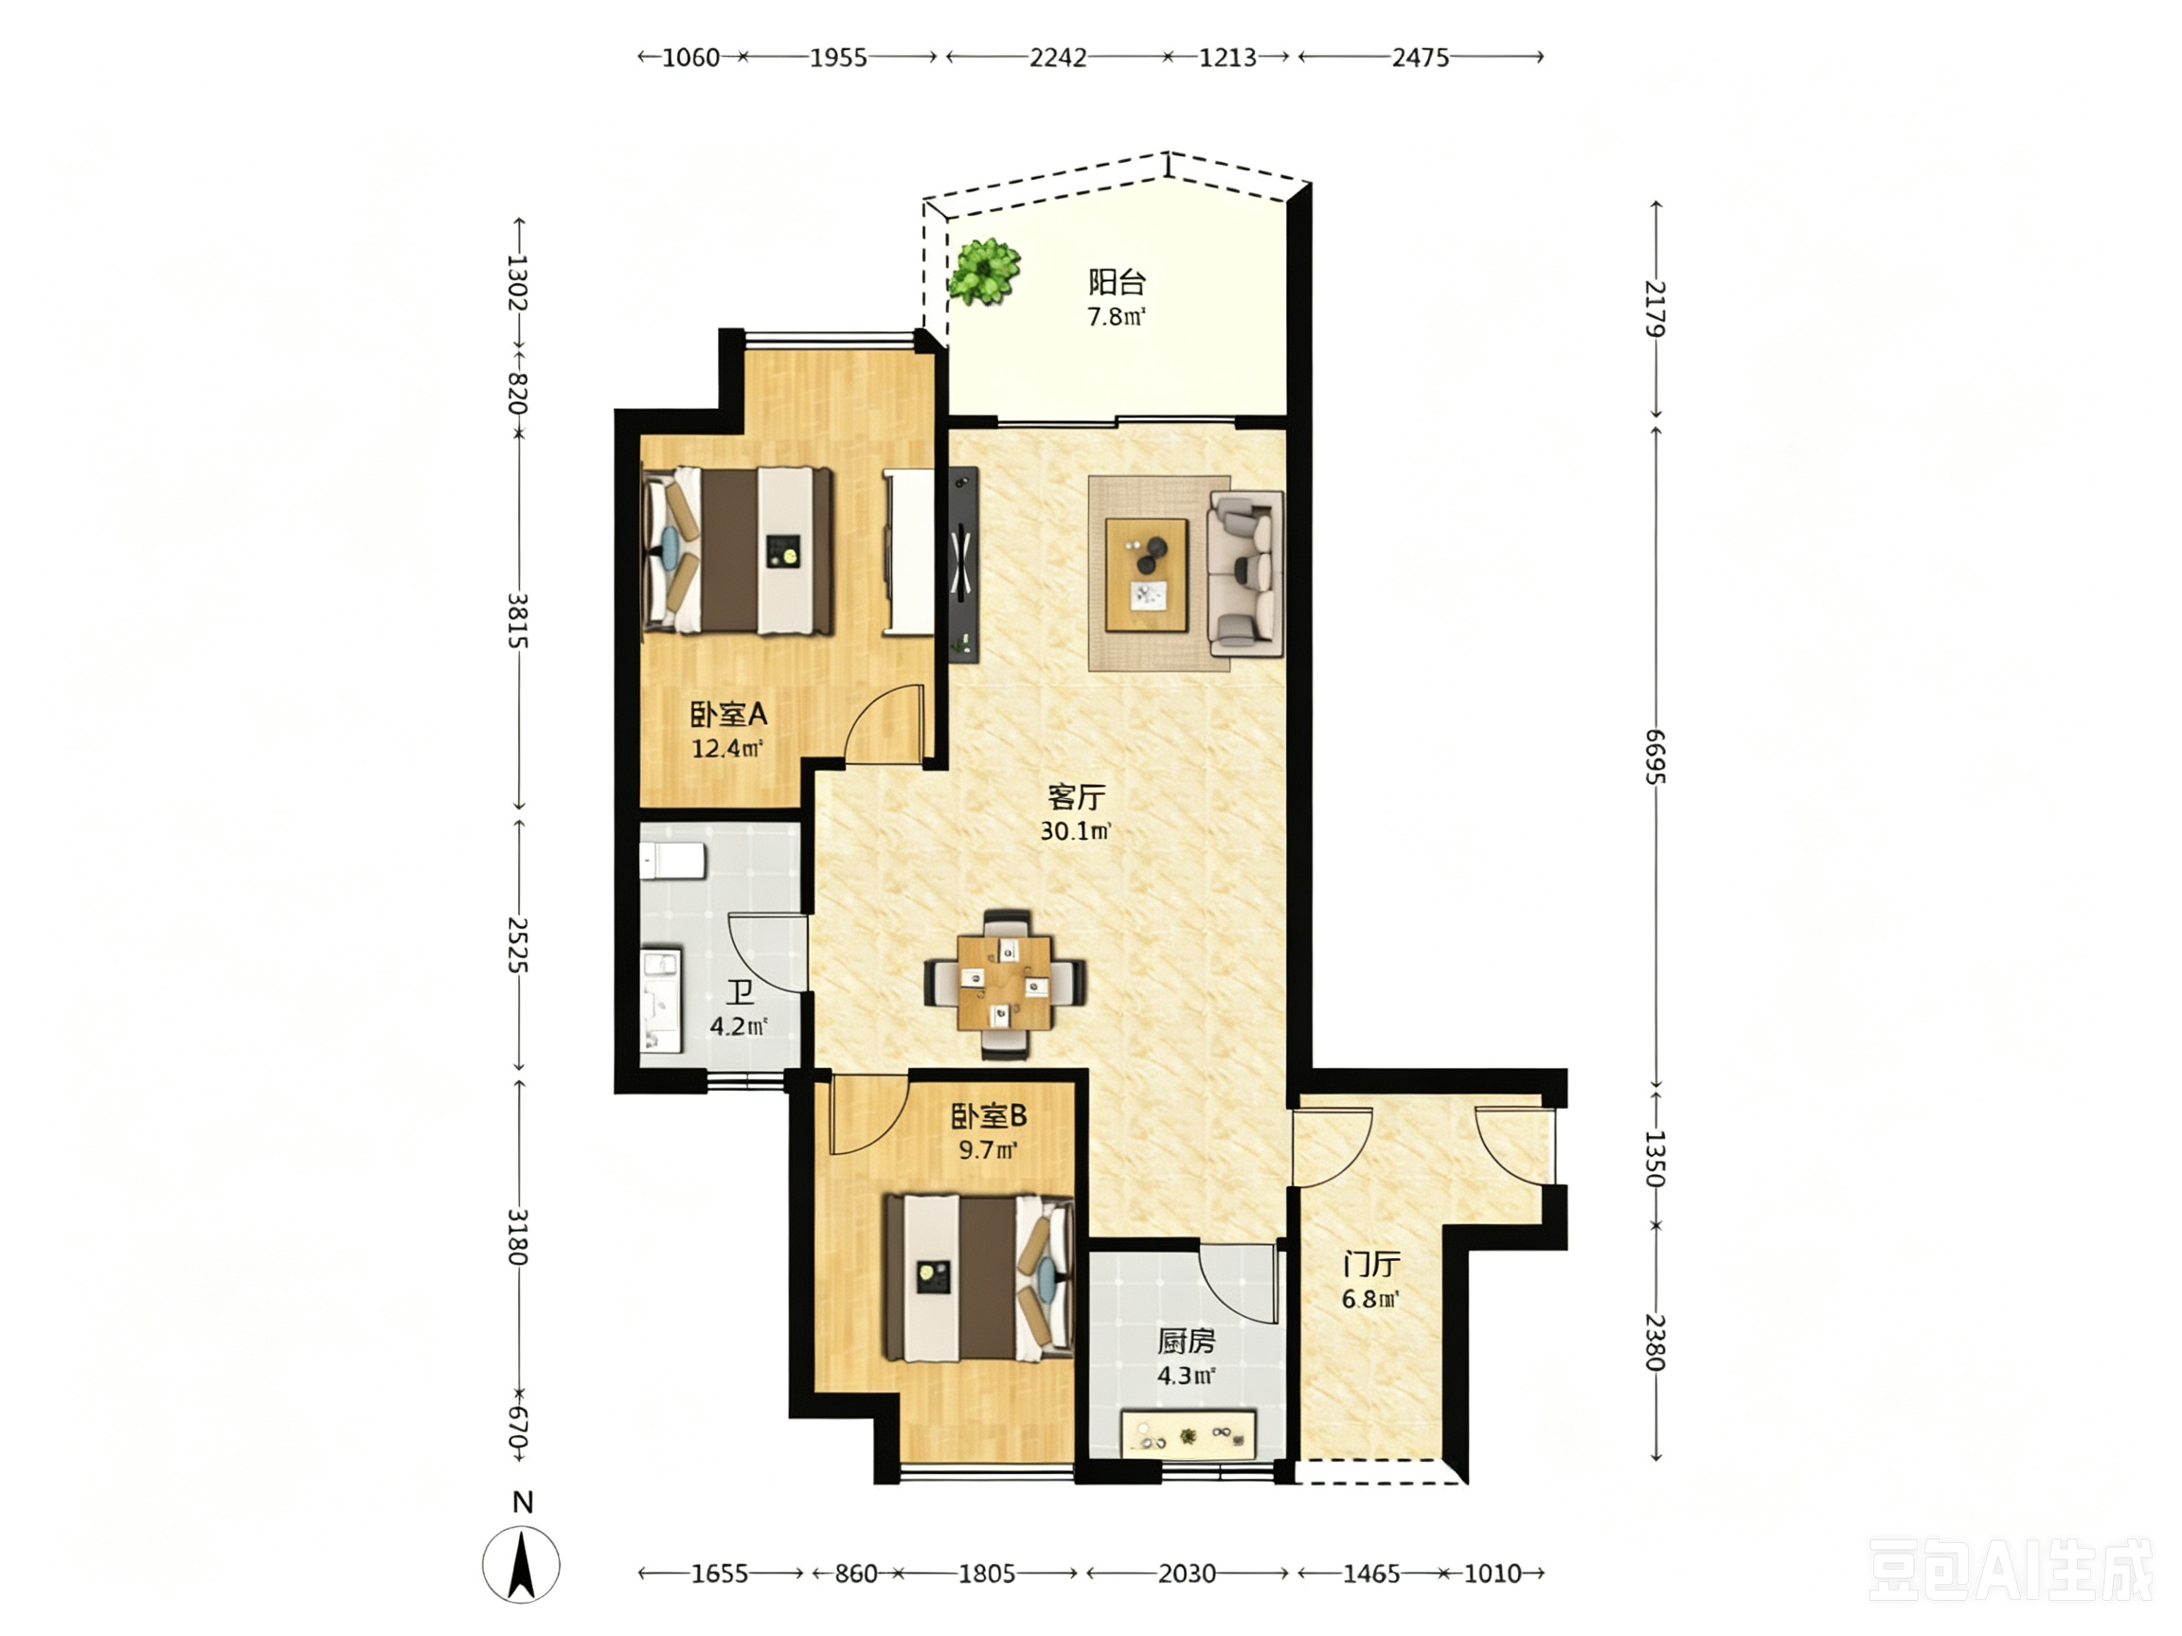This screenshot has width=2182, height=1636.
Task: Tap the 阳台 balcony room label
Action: pos(1117,282)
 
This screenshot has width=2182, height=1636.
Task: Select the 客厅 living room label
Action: pos(1076,796)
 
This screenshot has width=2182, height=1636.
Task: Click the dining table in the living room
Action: pos(1005,983)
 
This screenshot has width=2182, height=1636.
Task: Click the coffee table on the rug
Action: pos(1146,574)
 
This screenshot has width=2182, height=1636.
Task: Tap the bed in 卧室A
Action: pos(738,550)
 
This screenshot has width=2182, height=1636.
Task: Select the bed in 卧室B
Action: pos(977,1278)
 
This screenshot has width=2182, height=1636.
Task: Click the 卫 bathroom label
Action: pos(740,992)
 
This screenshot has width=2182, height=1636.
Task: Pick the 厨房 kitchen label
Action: pos(1186,1342)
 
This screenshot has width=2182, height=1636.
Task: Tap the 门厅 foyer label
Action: pos(1371,1264)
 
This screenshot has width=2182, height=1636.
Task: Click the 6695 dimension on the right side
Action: pos(1655,756)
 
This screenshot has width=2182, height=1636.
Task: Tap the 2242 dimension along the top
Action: pos(1058,57)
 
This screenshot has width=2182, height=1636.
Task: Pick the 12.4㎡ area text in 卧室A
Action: pos(727,748)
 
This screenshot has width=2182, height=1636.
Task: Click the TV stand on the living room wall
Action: pos(964,565)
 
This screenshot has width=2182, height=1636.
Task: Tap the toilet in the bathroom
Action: pos(671,860)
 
